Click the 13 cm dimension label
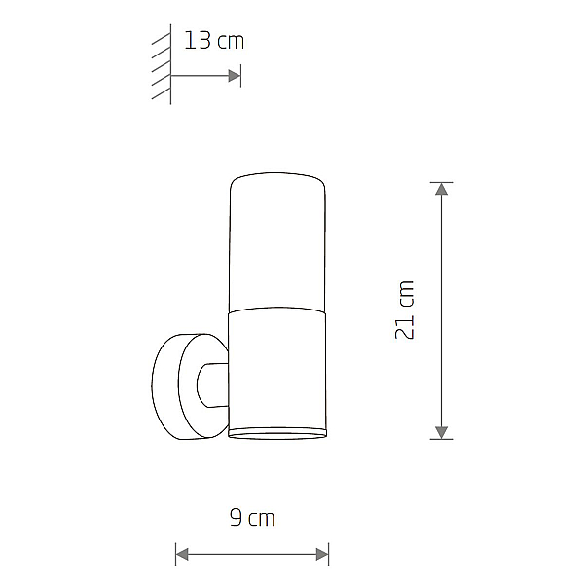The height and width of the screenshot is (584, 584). pyautogui.click(x=214, y=41)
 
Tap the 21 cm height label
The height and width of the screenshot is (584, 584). pyautogui.click(x=405, y=310)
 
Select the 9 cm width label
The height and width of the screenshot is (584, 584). pyautogui.click(x=252, y=518)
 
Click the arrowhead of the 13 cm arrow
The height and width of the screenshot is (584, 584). pyautogui.click(x=235, y=76)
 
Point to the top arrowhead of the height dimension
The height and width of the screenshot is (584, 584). pyautogui.click(x=441, y=189)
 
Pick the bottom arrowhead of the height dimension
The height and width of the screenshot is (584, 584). pyautogui.click(x=441, y=433)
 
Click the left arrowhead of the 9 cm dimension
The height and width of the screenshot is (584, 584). pyautogui.click(x=182, y=554)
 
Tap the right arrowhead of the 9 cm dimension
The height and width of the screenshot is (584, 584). pyautogui.click(x=322, y=554)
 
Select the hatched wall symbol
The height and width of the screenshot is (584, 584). pyautogui.click(x=162, y=64)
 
